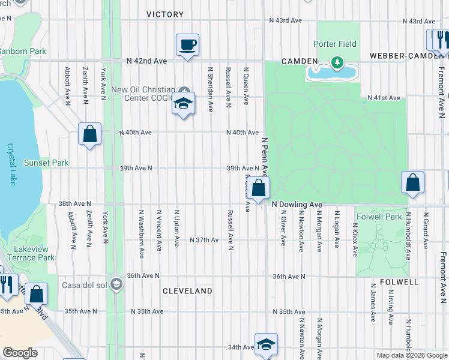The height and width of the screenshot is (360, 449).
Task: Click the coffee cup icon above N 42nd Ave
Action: point(187,44)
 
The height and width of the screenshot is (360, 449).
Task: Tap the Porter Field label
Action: point(335,44)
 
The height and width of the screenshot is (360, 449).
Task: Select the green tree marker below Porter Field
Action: point(337,62)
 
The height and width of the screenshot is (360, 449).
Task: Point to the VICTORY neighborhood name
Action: point(165,14)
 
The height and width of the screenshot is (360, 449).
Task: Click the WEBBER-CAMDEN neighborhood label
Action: point(408,55)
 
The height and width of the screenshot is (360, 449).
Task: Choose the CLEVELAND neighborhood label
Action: point(188,291)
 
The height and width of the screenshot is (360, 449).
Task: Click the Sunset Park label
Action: point(46,163)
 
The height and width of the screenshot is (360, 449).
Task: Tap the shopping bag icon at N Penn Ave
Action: point(259,188)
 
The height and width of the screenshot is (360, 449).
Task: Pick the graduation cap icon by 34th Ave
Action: point(266,344)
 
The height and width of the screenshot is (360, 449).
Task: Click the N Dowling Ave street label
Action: point(297,205)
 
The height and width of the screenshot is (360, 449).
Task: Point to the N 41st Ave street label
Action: point(384,98)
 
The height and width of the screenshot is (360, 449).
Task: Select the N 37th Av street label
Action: point(203,240)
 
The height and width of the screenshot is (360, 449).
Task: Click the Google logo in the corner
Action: point(20,353)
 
